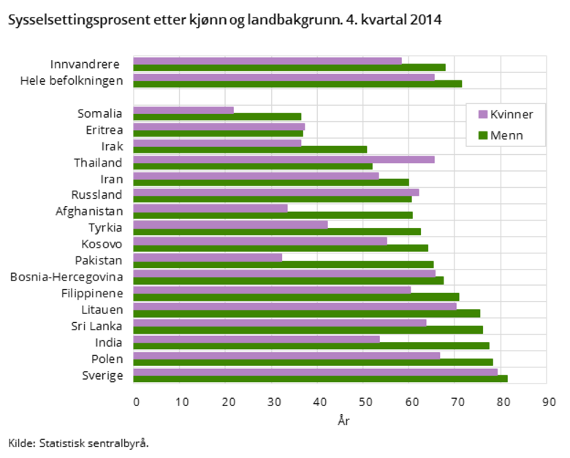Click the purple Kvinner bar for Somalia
tap(183, 110)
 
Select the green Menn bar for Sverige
tap(320, 378)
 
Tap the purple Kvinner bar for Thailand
tap(284, 159)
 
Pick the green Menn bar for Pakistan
tap(283, 264)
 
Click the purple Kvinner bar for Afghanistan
tap(210, 208)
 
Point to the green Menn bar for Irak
tap(250, 149)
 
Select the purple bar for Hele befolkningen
tap(284, 76)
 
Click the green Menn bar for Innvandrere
tap(289, 67)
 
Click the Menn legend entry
tap(501, 135)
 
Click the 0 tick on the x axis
tap(136, 402)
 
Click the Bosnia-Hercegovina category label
tap(66, 277)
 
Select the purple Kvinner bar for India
tap(256, 339)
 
